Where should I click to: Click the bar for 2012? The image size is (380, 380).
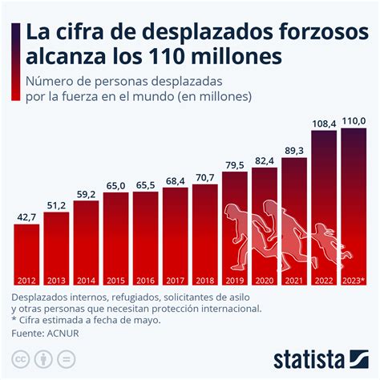(x=26, y=255)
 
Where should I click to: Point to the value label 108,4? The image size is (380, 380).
(x=324, y=124)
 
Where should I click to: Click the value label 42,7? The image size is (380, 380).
(x=26, y=216)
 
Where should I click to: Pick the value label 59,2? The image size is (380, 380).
(x=86, y=193)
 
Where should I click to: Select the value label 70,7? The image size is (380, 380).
(x=204, y=177)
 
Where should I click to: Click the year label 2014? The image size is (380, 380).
(x=86, y=281)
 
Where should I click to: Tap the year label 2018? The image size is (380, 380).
(x=204, y=281)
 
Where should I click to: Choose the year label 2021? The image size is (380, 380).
(x=294, y=281)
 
